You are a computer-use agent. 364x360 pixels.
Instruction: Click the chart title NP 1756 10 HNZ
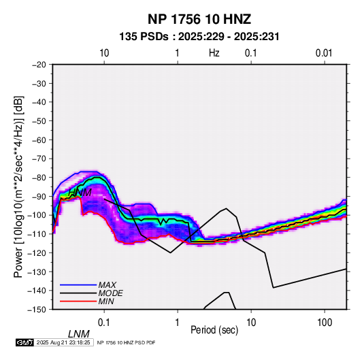[x=199, y=19]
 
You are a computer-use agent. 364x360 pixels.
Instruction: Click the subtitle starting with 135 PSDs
[x=199, y=37]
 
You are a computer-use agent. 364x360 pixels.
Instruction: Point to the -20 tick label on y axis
[x=39, y=65]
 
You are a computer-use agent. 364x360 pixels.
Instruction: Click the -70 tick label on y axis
[x=39, y=159]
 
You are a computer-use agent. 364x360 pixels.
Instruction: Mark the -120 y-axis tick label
[x=37, y=253]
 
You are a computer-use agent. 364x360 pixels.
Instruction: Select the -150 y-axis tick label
[x=37, y=310]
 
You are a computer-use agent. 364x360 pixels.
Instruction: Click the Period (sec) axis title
[x=214, y=330]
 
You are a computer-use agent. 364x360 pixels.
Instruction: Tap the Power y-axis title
[x=18, y=186]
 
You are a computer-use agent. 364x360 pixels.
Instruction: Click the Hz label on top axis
[x=214, y=53]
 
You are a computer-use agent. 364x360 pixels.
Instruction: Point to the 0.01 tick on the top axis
[x=324, y=53]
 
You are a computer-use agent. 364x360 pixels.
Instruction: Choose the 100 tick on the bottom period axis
[x=324, y=323]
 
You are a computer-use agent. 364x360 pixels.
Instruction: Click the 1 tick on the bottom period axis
[x=178, y=323]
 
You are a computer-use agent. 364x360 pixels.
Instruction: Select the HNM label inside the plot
[x=80, y=193]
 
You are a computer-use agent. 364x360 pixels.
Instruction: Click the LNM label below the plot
[x=79, y=334]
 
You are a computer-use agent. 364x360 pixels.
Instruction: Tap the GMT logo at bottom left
[x=24, y=342]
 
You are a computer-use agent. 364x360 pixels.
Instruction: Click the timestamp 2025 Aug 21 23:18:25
[x=63, y=342]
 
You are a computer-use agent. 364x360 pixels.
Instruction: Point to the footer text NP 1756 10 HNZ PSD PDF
[x=126, y=342]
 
